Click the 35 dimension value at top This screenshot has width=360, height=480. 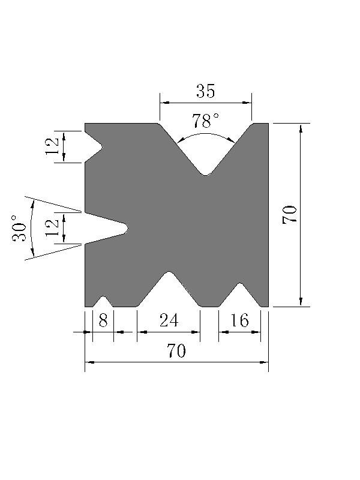(205, 91)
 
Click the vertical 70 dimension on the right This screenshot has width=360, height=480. (290, 214)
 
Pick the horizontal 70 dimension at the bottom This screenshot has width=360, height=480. (176, 352)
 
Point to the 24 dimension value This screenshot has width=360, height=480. (169, 320)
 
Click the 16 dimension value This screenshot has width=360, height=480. (239, 320)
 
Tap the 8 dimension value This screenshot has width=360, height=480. (103, 320)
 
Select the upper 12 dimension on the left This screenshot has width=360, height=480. (53, 146)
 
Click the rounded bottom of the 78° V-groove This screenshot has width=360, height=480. (206, 174)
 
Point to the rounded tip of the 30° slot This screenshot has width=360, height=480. (126, 228)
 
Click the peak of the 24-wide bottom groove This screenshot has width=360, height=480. (170, 273)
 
